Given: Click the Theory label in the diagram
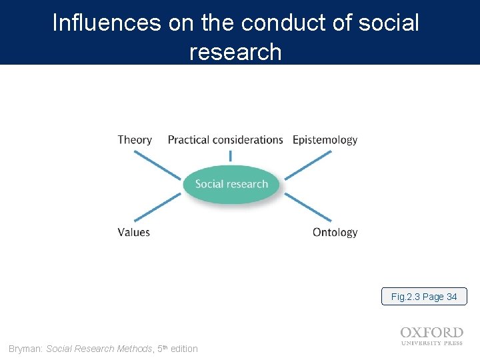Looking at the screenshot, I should [135, 140].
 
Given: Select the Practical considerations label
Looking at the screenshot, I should [225, 140].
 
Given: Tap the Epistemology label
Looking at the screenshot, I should [325, 140].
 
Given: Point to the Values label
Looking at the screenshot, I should [133, 232].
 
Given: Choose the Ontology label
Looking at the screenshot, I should [335, 232].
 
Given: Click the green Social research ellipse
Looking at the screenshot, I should [231, 184].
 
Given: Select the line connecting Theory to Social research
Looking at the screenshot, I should [157, 164].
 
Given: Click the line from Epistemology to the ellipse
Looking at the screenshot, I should [308, 164].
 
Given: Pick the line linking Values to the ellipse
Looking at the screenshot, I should [157, 207].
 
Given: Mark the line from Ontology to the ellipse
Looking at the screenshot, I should [307, 207].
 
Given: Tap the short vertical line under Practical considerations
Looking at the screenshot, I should [231, 156].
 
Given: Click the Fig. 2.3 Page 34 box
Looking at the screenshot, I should [424, 297].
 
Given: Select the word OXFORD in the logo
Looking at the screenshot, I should [432, 333].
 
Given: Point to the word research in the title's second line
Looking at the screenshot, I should [235, 51].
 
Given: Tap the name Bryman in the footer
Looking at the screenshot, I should [25, 349].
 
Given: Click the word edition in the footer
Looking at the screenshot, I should [184, 349].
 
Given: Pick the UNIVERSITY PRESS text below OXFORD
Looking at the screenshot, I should [432, 343].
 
